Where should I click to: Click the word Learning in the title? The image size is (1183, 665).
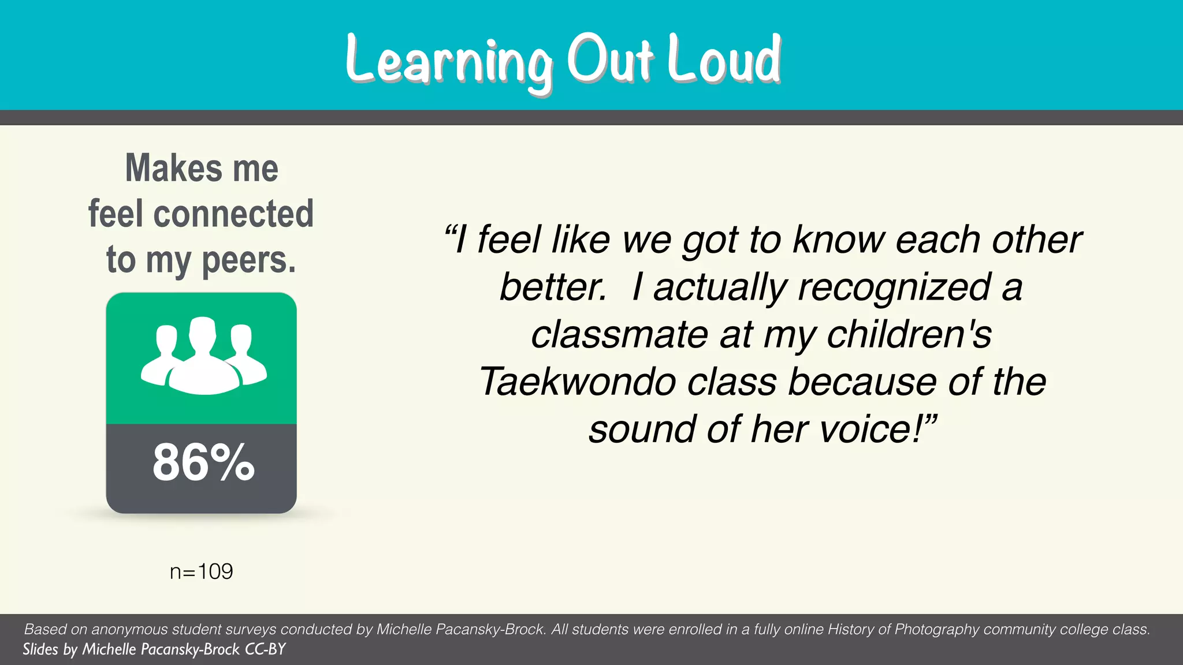448,61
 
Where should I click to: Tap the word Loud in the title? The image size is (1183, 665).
724,59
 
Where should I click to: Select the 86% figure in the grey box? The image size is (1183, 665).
203,463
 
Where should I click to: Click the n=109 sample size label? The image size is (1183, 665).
201,571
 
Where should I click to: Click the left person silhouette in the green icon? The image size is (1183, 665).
163,355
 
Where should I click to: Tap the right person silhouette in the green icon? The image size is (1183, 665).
244,355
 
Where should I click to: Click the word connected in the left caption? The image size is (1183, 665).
233,214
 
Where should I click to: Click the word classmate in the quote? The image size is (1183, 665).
619,335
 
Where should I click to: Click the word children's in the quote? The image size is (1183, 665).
909,335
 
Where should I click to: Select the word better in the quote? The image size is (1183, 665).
552,287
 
